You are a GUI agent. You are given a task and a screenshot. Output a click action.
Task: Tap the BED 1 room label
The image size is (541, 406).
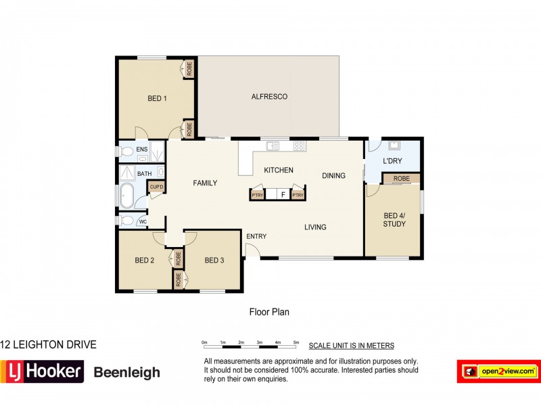click(157, 99)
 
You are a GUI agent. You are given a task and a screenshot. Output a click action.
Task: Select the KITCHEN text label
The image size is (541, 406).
click(279, 170)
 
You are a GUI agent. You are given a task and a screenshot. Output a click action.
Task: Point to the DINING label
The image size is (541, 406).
click(333, 176)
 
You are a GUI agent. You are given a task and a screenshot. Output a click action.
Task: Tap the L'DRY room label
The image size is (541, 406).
click(393, 162)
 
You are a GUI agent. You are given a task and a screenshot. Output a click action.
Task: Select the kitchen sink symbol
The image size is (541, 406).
click(272, 145)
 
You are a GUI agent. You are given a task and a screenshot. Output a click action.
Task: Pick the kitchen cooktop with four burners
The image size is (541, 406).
click(298, 145)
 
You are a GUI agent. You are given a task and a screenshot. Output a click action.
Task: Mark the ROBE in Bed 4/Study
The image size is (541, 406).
click(401, 179)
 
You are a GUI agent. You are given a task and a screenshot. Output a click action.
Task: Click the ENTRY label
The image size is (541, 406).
click(256, 236)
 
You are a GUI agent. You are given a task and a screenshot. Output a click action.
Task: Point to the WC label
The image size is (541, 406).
click(143, 221)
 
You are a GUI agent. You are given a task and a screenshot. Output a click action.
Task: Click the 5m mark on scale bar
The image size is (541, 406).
click(296, 342)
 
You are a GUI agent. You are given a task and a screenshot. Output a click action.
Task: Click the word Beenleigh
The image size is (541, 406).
click(126, 372)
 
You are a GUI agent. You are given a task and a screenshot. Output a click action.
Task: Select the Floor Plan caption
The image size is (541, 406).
click(270, 312)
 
